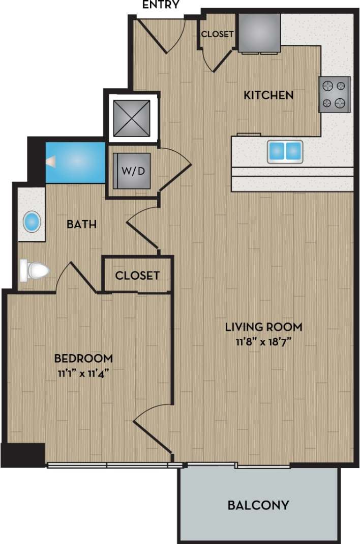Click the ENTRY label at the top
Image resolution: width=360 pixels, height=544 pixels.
coord(161,5)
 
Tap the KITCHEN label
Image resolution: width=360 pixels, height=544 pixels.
coord(268,95)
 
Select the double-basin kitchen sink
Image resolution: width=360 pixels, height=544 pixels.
coord(285,151)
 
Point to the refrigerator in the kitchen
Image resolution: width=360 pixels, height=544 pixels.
coord(259,33)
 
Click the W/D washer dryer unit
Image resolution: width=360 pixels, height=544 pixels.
coord(132,171)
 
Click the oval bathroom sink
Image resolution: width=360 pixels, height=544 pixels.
coord(32,222)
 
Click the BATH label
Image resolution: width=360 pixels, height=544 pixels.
coord(83,224)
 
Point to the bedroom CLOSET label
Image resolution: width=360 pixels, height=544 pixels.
coord(137,275)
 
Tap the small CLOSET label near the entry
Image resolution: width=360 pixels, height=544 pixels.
coord(217,35)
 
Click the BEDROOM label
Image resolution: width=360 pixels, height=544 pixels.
coord(83,358)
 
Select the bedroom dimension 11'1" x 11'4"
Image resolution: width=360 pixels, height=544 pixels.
coord(83,372)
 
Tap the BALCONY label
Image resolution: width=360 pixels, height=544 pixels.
coord(258,505)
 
